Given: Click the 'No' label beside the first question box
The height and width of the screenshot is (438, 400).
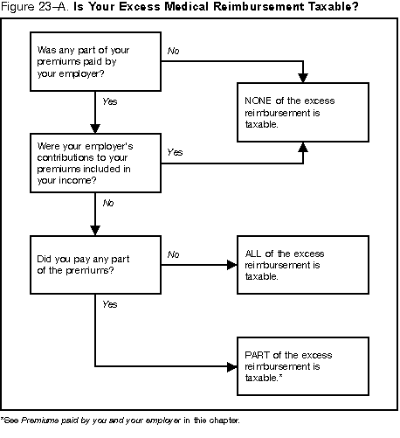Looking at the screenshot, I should click(173, 52).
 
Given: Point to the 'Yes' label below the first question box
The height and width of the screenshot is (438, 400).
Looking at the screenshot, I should click(109, 102).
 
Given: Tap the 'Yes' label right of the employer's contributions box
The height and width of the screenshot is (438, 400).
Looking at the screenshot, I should click(174, 152).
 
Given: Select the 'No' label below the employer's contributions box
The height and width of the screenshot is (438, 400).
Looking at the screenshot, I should click(108, 203).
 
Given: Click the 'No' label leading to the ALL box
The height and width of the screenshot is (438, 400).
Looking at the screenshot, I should click(173, 254).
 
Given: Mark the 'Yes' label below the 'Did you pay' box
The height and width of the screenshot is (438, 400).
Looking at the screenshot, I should click(109, 304).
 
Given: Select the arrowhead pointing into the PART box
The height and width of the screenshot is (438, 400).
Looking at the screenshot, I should click(230, 365).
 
